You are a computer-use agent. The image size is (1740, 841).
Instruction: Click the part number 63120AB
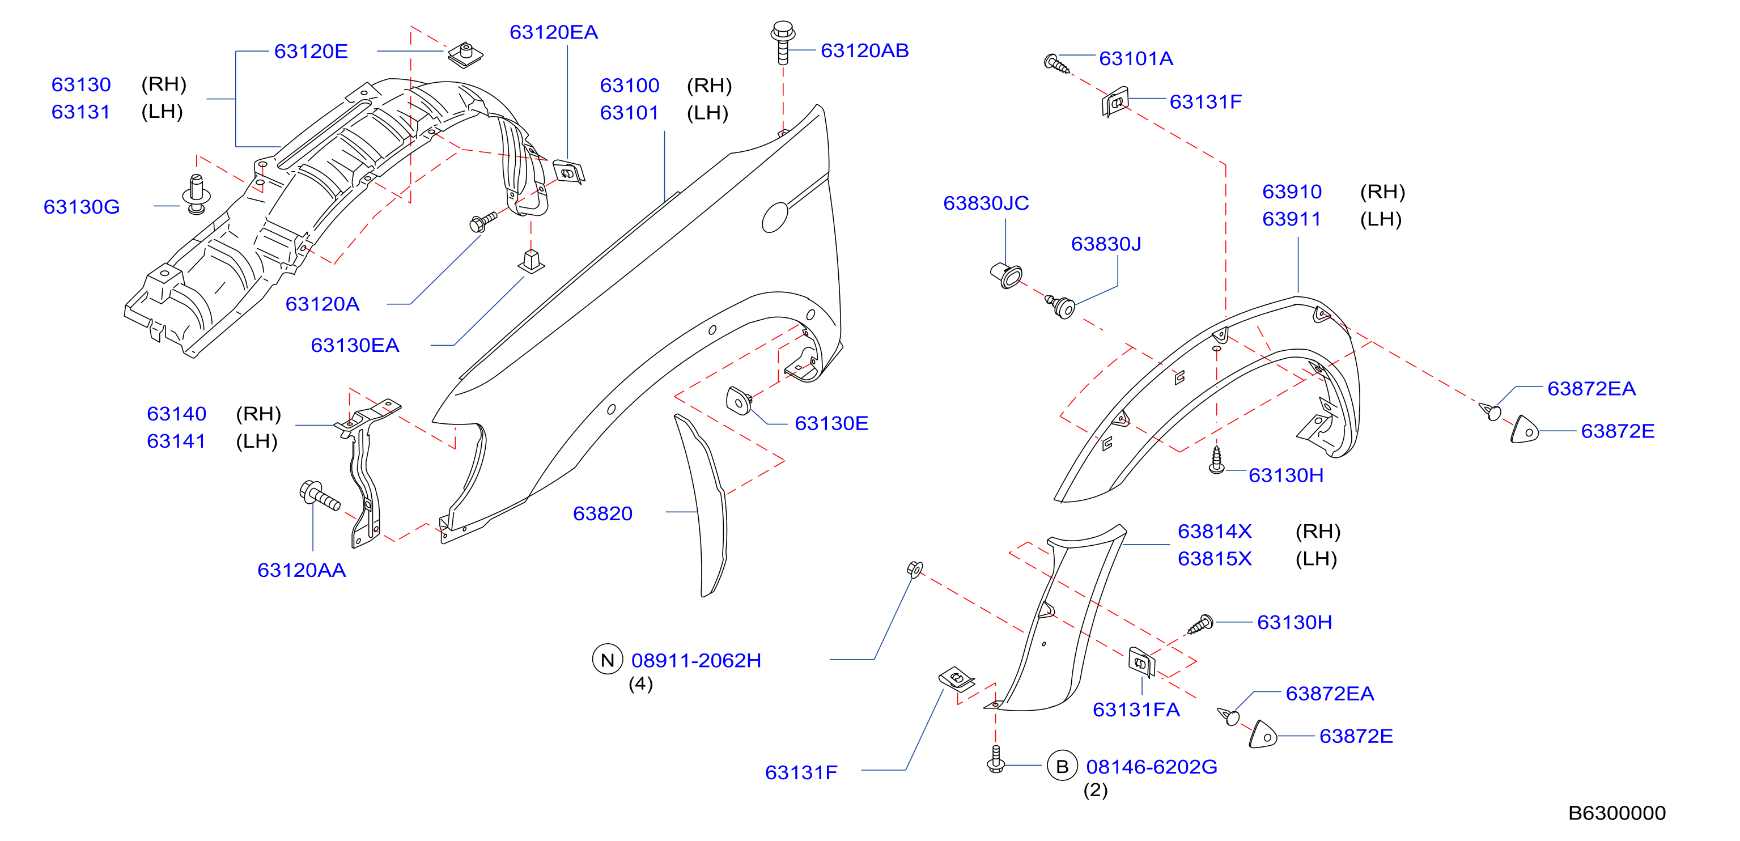(x=864, y=50)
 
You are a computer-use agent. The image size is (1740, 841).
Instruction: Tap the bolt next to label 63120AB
(x=782, y=42)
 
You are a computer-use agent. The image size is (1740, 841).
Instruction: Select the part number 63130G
(x=82, y=207)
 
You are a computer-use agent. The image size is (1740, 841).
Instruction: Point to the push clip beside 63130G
(x=197, y=194)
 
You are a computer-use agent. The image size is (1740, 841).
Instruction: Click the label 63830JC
(x=986, y=203)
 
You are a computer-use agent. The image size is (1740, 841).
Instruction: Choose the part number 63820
(x=602, y=513)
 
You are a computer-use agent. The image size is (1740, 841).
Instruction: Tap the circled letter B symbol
(x=1062, y=766)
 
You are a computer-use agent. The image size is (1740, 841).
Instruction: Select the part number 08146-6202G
(x=1152, y=767)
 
